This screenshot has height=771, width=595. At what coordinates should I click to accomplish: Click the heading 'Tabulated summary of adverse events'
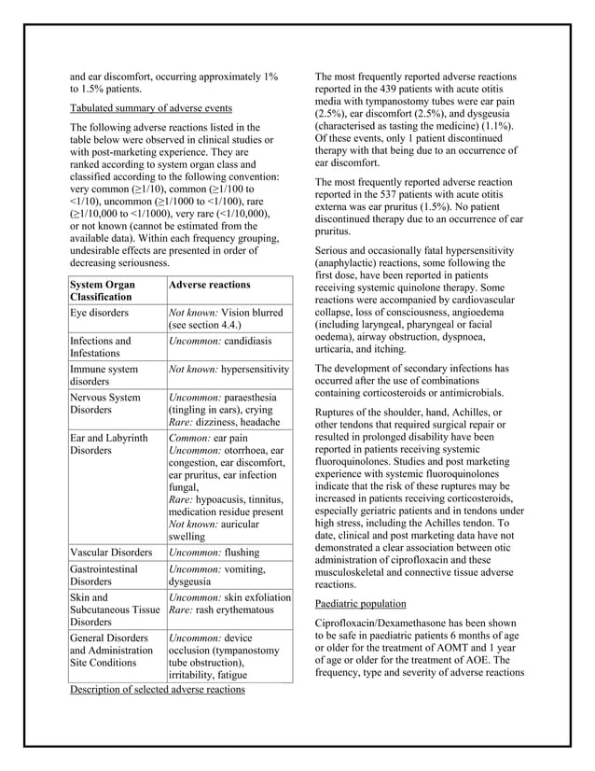tap(152, 107)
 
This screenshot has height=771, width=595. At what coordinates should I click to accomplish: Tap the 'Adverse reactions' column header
tap(210, 283)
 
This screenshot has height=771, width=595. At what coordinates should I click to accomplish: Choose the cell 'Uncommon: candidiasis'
tap(219, 341)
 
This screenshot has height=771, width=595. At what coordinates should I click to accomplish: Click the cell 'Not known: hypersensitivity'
tap(228, 370)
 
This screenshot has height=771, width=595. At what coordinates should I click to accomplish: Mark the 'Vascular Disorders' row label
tap(111, 552)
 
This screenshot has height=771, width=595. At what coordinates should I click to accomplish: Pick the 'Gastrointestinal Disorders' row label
tap(104, 575)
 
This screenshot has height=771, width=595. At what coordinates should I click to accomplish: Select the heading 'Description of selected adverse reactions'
tap(158, 690)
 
